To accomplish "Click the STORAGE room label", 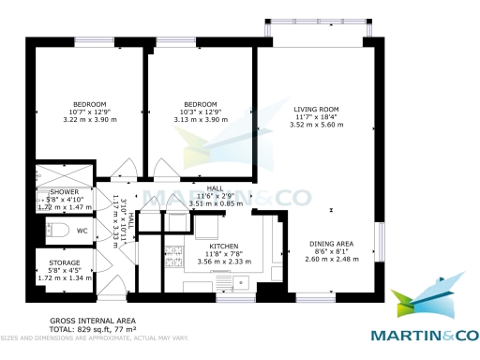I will point(65,262).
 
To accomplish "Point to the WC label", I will point(82,231).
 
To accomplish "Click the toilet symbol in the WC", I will point(55,230).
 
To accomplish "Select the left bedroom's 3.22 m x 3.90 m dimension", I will point(91,119).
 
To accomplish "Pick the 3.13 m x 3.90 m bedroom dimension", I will point(201,119).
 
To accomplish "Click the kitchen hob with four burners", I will point(178,252).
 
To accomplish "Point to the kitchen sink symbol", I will point(233,282).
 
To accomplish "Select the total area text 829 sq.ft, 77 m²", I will point(95,329).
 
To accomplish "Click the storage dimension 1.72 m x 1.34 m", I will point(65,278).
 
